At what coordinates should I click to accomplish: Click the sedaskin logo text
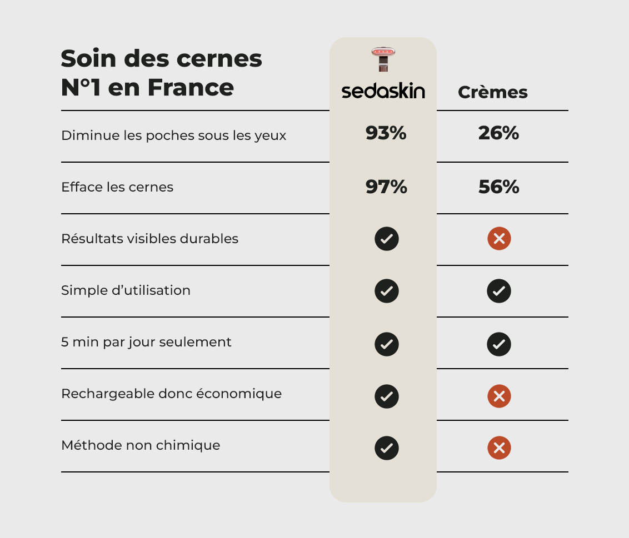coord(383,92)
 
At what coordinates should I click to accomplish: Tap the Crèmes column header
coord(492,92)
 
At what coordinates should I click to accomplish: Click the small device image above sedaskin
coord(383,59)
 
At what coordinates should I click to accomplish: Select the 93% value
coord(386,133)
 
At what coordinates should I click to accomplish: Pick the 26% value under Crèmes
coord(498,133)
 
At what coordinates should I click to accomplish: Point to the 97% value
coord(386,187)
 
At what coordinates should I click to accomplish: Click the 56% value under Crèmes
coord(498,187)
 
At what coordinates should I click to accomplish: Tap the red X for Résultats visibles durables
coord(499,239)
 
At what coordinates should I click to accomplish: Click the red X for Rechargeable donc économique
coord(499,396)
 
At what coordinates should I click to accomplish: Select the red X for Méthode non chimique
coord(499,448)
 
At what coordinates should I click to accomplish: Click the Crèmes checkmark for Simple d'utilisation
coord(499,291)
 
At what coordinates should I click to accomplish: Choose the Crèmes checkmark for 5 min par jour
coord(499,344)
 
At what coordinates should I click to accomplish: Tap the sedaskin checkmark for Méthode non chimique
coord(387,448)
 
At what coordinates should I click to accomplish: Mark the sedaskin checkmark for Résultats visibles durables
coord(387,239)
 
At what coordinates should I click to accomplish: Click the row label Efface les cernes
coord(117,187)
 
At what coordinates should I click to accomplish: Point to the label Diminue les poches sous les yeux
coord(173,135)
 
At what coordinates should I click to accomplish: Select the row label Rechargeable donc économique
coord(171,394)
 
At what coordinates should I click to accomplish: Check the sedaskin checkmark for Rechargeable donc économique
coord(387,396)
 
